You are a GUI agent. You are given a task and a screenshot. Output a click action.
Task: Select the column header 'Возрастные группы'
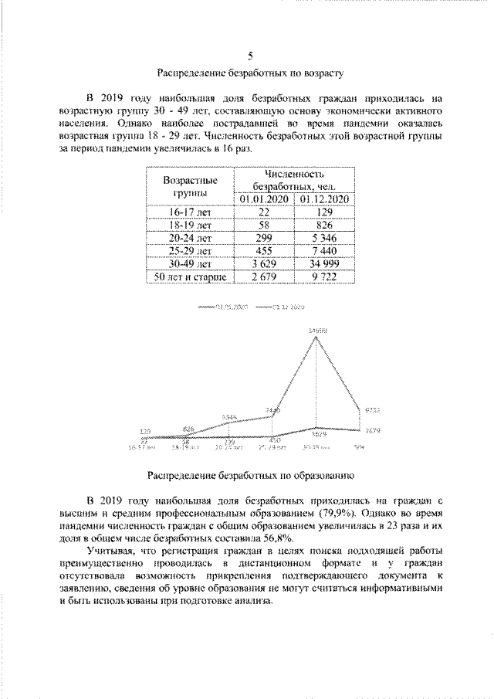click(x=189, y=185)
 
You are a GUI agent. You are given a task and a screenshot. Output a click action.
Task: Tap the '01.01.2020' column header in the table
click(x=264, y=199)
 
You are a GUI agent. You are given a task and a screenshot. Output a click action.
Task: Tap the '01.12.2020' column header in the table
click(x=323, y=199)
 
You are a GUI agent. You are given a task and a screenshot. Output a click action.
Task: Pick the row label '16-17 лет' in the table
click(x=189, y=212)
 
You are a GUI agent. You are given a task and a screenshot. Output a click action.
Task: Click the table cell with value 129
click(x=323, y=212)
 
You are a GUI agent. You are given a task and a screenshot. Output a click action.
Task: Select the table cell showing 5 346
click(x=323, y=237)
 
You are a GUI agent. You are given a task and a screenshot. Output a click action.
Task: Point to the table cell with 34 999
click(x=323, y=263)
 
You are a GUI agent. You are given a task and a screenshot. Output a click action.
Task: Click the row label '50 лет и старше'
click(x=189, y=277)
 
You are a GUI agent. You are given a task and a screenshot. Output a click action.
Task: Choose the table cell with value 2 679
click(x=264, y=277)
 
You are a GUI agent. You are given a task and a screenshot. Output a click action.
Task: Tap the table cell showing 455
click(x=264, y=250)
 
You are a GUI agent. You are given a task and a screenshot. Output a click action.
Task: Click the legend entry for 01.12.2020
click(x=279, y=307)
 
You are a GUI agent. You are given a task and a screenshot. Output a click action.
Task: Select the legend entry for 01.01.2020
click(x=224, y=307)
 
